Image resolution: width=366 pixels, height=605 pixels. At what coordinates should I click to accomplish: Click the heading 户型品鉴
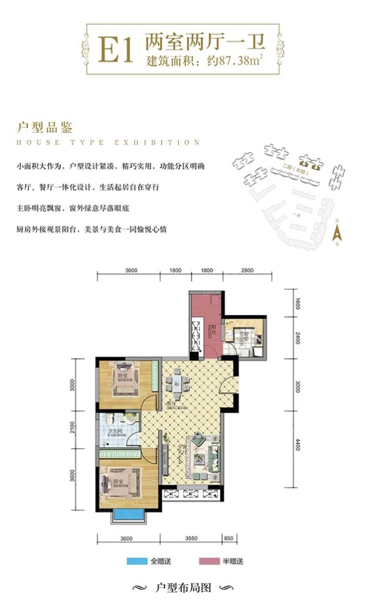pyautogui.click(x=46, y=128)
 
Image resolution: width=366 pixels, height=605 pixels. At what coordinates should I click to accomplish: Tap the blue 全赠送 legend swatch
pyautogui.click(x=135, y=561)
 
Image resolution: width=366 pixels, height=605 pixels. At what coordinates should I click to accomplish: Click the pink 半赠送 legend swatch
pyautogui.click(x=208, y=561)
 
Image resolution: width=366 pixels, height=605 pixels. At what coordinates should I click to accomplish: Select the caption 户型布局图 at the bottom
pyautogui.click(x=183, y=588)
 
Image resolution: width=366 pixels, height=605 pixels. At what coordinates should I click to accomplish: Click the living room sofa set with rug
pyautogui.click(x=204, y=455)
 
